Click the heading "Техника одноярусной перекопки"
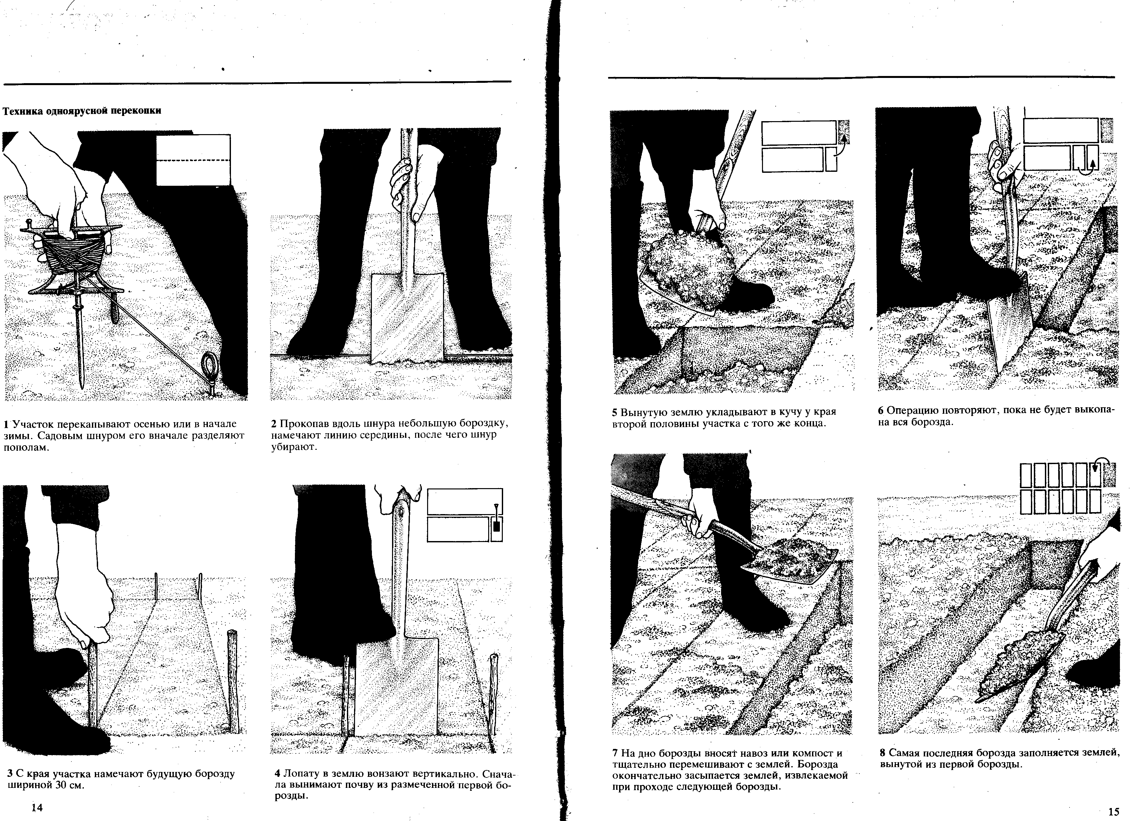tap(82, 111)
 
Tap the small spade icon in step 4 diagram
tap(496, 521)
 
